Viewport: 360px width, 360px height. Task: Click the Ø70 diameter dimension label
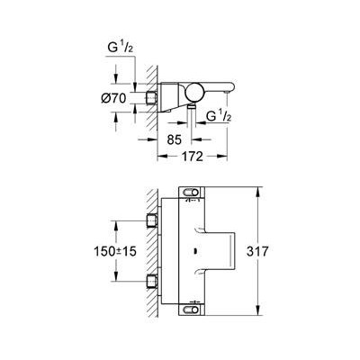point(113,98)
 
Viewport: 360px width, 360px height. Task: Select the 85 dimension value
point(175,139)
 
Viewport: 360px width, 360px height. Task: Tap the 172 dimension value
point(193,157)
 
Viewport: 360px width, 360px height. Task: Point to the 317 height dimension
point(257,251)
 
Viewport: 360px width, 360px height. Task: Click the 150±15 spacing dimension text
point(115,251)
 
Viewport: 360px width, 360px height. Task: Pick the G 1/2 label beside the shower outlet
point(220,116)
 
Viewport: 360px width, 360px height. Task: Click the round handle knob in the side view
point(194,93)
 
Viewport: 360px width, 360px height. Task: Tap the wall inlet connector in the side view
point(152,98)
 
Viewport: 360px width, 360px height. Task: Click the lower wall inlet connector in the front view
point(152,282)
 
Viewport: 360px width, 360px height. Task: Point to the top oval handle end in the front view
point(191,192)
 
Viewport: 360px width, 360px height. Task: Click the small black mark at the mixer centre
point(195,251)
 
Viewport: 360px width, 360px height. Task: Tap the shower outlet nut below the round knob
point(191,106)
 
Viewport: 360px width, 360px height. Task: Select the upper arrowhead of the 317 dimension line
point(257,192)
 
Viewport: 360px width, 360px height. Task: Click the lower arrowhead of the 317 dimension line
point(257,310)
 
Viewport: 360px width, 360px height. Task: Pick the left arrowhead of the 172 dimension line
point(163,156)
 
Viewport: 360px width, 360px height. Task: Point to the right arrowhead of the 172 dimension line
point(222,156)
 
